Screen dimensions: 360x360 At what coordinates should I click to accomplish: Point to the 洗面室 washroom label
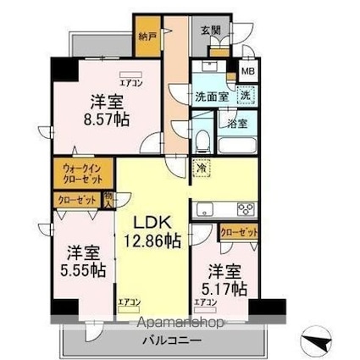click(x=212, y=97)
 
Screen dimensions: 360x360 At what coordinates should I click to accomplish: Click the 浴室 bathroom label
click(x=237, y=124)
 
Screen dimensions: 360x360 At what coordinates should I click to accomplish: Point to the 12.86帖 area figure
click(x=155, y=241)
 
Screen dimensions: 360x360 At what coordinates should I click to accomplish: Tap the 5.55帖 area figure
click(x=82, y=270)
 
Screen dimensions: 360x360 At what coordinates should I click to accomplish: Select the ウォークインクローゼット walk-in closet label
click(x=81, y=174)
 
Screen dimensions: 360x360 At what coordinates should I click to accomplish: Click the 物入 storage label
click(x=108, y=199)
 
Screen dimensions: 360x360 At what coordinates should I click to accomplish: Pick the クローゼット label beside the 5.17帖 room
click(x=238, y=232)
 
